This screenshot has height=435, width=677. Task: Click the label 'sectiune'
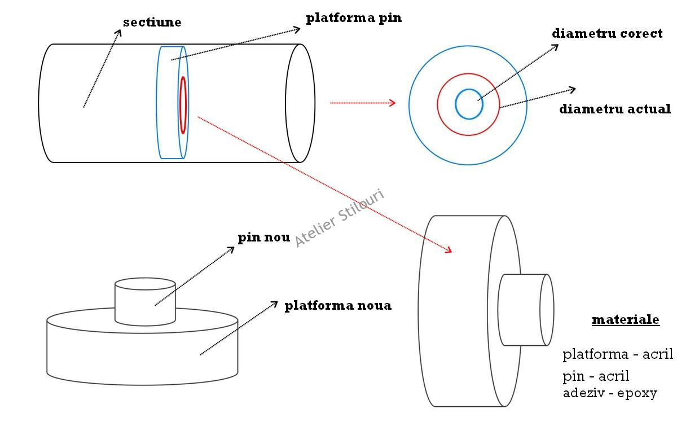(152, 23)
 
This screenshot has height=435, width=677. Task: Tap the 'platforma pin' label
(354, 17)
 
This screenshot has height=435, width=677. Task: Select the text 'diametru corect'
(607, 33)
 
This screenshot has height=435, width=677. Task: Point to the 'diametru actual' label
(615, 109)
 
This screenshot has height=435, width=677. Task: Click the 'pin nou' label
(263, 238)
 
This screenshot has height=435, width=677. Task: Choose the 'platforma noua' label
(337, 306)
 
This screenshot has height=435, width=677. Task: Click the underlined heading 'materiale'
(625, 320)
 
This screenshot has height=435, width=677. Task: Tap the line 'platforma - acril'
(618, 354)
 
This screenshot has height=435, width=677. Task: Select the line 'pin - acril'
(596, 376)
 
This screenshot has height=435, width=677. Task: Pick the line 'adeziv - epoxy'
(610, 393)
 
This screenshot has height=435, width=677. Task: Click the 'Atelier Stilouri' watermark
(340, 218)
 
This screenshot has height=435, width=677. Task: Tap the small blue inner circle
(469, 104)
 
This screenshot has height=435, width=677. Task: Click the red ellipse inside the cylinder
(183, 105)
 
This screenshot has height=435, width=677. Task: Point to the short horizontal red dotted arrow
(362, 103)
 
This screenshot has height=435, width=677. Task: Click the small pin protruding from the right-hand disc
(525, 310)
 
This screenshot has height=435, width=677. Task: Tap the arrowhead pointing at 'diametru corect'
(556, 46)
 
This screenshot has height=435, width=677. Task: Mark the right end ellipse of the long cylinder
(300, 103)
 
